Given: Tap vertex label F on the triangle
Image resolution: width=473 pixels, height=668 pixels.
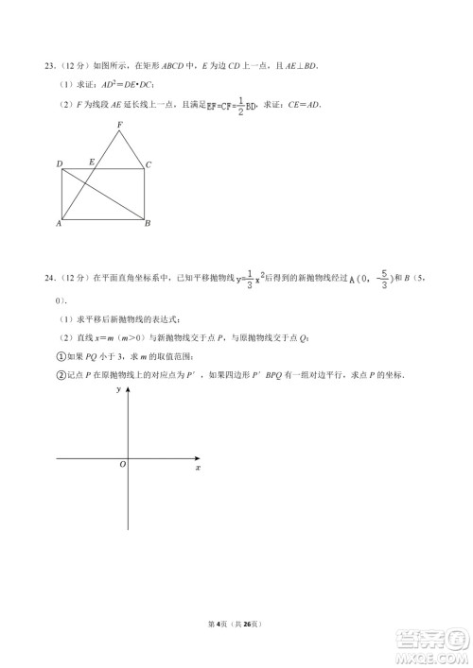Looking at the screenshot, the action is pyautogui.click(x=119, y=125).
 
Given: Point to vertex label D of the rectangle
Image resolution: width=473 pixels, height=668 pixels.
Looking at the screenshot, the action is pyautogui.click(x=60, y=164).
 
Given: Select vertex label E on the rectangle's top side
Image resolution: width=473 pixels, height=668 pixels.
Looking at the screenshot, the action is pyautogui.click(x=91, y=163).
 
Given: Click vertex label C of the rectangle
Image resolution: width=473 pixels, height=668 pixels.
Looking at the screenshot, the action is pyautogui.click(x=149, y=164).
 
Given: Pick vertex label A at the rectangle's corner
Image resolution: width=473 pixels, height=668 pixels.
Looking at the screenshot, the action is pyautogui.click(x=59, y=224).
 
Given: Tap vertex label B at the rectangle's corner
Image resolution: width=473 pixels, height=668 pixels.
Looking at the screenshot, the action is pyautogui.click(x=148, y=224).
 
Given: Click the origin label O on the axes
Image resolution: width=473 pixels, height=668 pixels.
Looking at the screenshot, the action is pyautogui.click(x=122, y=465).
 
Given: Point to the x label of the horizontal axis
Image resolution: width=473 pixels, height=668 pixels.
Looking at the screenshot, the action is pyautogui.click(x=197, y=467).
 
